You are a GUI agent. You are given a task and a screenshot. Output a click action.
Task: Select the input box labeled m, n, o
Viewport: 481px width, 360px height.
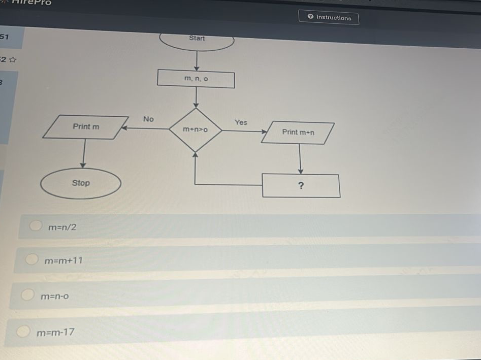196,80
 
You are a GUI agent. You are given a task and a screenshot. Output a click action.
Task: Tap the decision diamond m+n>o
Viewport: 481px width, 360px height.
196,130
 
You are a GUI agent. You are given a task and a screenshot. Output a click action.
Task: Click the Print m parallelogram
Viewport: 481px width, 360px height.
86,127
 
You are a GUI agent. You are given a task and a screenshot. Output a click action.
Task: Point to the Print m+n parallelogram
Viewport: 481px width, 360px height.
298,133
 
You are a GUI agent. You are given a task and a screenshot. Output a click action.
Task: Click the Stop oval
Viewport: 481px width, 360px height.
81,183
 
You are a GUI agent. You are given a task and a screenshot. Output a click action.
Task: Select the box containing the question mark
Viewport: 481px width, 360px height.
301,186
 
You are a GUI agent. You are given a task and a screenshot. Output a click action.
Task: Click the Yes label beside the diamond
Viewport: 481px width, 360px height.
241,122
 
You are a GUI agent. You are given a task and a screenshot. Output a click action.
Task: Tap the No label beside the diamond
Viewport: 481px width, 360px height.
148,119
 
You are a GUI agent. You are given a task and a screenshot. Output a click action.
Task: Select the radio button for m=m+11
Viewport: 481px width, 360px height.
32,259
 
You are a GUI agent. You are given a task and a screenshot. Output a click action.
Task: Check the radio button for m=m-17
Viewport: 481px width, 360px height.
23,331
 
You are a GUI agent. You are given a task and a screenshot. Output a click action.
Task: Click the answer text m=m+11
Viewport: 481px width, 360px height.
63,261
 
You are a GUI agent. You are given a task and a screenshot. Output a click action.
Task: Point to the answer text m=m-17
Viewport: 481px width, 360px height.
56,333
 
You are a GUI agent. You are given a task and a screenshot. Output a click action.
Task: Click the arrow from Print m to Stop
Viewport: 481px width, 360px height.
83,153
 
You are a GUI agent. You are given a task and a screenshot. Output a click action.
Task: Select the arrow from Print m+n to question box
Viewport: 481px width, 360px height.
301,159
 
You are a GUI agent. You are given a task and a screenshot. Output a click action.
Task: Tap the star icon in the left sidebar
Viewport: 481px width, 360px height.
13,60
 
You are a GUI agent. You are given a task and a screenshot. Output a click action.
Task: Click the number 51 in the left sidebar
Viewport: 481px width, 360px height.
5,37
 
